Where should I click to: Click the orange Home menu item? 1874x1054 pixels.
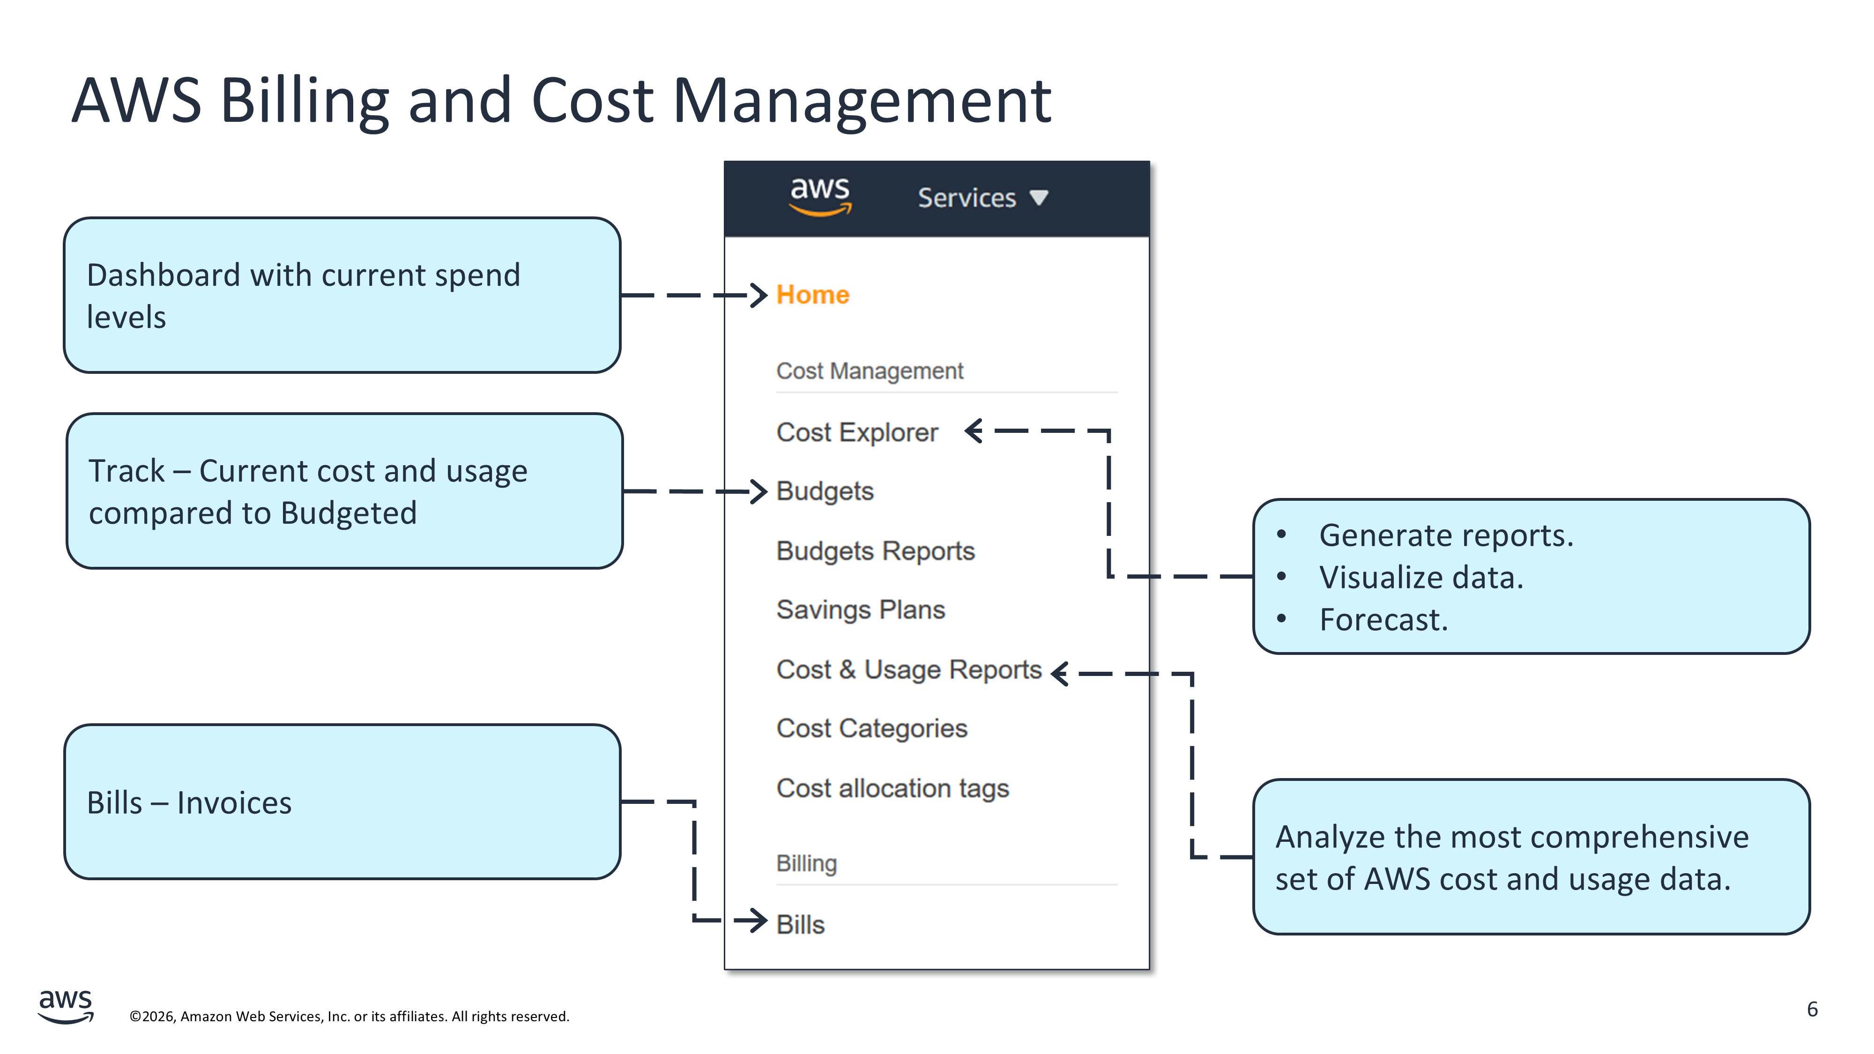(812, 295)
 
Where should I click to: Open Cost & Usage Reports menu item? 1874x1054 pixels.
(908, 669)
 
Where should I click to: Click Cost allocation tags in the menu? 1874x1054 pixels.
(892, 788)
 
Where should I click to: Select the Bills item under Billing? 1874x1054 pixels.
(800, 925)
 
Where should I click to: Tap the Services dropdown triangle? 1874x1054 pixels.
(1039, 197)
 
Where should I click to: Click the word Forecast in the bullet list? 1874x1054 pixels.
(1382, 620)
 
